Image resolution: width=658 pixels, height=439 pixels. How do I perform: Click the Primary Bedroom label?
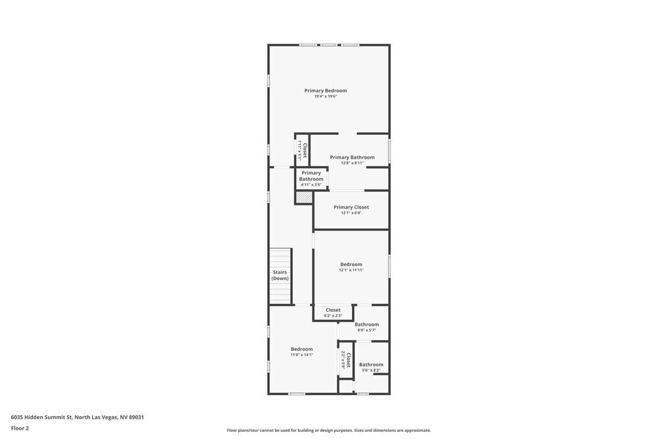pos(325,91)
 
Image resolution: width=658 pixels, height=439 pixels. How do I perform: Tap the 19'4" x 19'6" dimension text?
pos(325,97)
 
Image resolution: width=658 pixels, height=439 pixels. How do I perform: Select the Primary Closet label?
pos(351,207)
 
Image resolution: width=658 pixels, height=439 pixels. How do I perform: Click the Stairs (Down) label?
pos(280,275)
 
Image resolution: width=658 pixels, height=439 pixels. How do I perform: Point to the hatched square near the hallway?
pos(303,197)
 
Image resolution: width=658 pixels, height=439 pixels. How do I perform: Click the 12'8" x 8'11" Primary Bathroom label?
pos(352,157)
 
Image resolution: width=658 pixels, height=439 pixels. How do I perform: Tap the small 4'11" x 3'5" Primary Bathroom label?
pos(311,176)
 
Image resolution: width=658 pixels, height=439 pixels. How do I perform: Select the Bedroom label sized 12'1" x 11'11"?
pos(351,265)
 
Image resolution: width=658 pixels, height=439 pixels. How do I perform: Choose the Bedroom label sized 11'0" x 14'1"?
pos(302,349)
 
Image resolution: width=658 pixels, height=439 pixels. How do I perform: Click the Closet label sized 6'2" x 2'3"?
pos(333,310)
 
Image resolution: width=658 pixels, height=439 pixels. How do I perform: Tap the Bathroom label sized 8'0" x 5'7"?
pos(367,324)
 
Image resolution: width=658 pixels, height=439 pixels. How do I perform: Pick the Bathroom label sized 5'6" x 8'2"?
pos(371,365)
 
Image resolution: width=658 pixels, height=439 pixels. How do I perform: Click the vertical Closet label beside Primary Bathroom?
pos(304,150)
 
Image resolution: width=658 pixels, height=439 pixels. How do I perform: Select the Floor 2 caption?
pos(20,428)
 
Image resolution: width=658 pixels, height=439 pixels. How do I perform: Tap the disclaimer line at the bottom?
pos(329,430)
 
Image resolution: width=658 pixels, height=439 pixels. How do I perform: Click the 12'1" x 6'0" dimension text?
pos(351,213)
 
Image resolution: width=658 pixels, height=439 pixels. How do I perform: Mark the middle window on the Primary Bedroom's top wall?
pos(328,45)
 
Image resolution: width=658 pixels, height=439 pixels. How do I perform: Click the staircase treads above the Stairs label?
pos(280,257)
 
